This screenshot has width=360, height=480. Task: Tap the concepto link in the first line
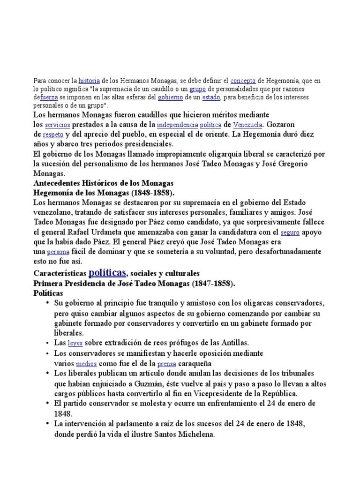pyautogui.click(x=243, y=81)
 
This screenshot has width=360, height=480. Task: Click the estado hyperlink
pyautogui.click(x=210, y=97)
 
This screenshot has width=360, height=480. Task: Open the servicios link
pyautogui.click(x=57, y=125)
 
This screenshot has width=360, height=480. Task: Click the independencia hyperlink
pyautogui.click(x=177, y=125)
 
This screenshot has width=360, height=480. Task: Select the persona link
pyautogui.click(x=57, y=252)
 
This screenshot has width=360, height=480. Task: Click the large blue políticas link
pyautogui.click(x=107, y=272)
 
